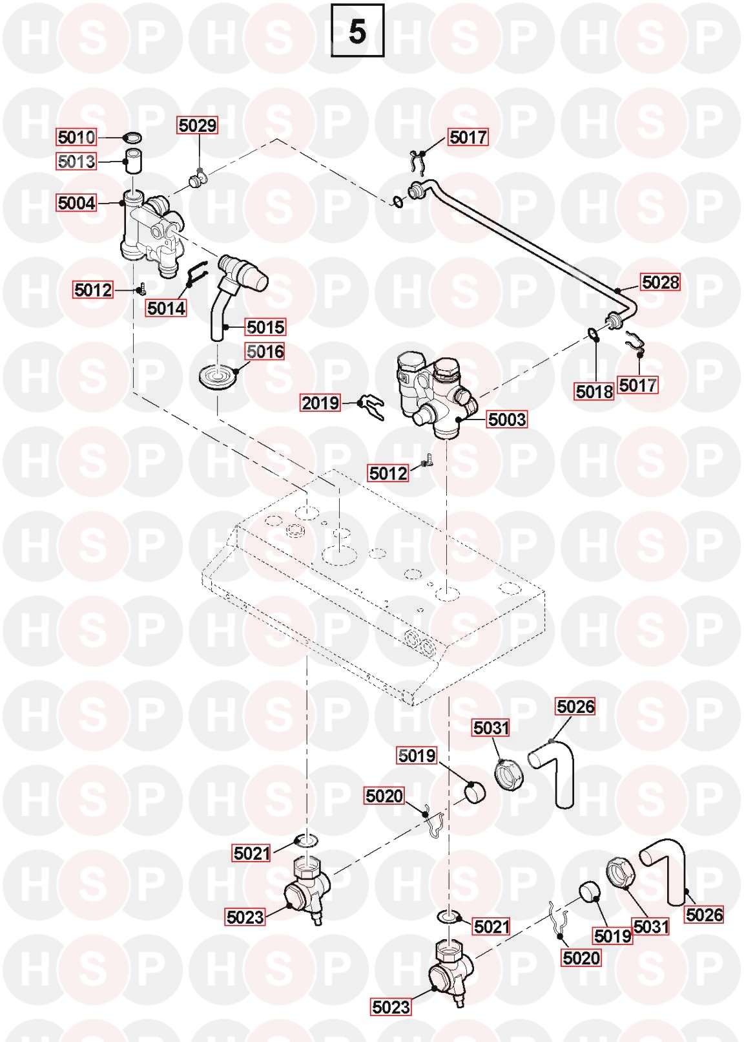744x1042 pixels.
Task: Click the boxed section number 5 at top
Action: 357,30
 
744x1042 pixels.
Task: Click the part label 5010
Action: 76,137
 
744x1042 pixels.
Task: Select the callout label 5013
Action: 76,162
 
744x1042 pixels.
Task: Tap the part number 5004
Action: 76,203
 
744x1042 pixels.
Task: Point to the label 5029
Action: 198,125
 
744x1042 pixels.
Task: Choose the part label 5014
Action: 166,308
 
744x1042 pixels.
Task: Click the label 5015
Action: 265,327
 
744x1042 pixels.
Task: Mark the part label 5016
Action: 265,352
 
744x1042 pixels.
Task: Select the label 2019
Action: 320,403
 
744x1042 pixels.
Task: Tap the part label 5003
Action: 507,420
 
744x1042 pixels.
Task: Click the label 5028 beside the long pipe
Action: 660,282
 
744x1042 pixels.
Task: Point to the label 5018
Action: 594,392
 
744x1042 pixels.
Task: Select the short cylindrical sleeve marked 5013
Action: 132,161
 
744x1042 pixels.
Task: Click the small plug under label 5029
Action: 198,180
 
